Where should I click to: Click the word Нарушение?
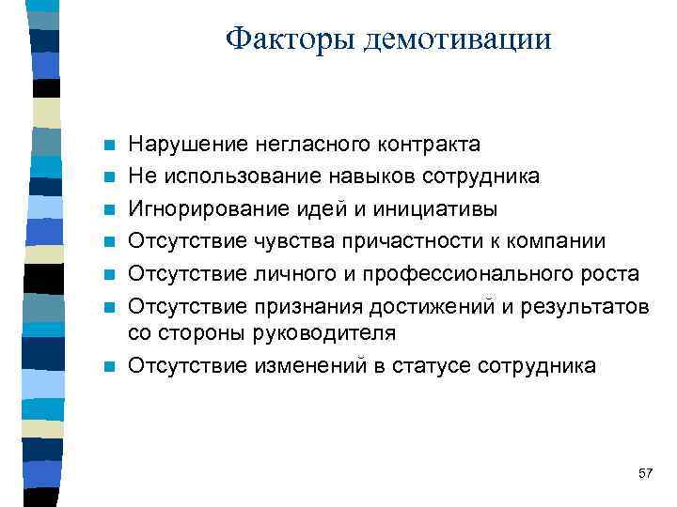point(188,145)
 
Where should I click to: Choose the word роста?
point(609,273)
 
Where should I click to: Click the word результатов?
point(592,306)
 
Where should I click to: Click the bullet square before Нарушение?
point(110,146)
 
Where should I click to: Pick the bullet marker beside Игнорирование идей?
point(110,209)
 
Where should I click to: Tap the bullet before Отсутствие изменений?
point(110,366)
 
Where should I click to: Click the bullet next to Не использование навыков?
point(110,177)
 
